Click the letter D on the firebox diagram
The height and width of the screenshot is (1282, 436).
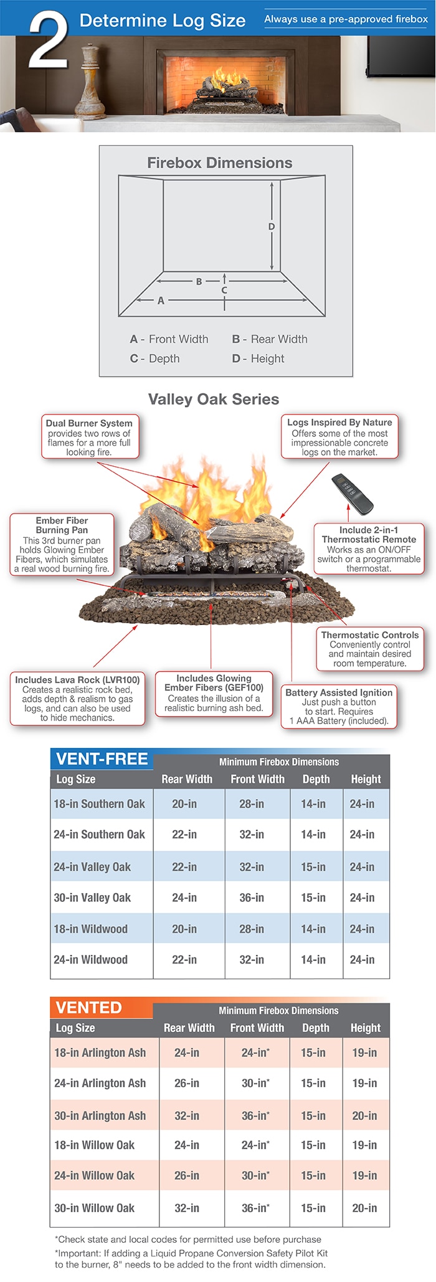tap(272, 227)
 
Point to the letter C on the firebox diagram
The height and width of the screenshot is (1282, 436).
tap(224, 290)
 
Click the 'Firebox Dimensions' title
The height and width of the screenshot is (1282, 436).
tap(219, 163)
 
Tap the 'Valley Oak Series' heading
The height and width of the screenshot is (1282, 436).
tap(214, 399)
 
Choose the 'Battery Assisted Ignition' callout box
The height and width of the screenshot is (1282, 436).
tap(339, 707)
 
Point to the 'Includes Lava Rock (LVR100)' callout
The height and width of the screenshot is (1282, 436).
tap(77, 698)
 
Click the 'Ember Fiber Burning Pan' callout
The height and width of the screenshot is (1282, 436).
tap(62, 544)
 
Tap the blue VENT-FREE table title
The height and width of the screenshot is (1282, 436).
tap(102, 759)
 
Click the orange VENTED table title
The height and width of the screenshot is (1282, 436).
tap(89, 1008)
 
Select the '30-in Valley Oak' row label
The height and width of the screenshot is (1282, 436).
tap(92, 897)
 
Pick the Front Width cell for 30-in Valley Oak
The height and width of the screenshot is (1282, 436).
tap(252, 897)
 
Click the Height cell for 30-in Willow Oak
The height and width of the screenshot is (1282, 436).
tap(364, 1208)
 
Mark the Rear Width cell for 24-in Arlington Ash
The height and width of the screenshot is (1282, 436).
tap(187, 1083)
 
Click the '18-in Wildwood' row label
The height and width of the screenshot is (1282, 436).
tap(90, 929)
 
